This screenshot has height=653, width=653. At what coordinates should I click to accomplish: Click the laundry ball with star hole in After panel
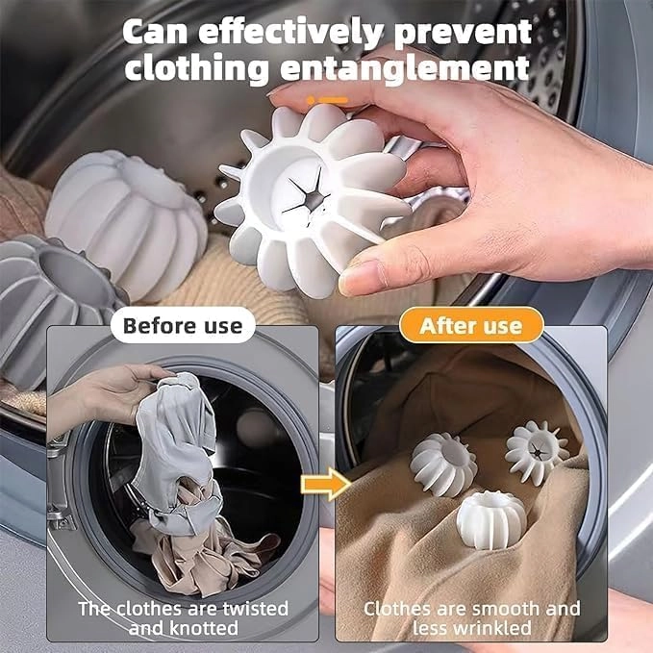tap(537, 449)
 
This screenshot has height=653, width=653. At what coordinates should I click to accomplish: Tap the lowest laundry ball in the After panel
tap(490, 519)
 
